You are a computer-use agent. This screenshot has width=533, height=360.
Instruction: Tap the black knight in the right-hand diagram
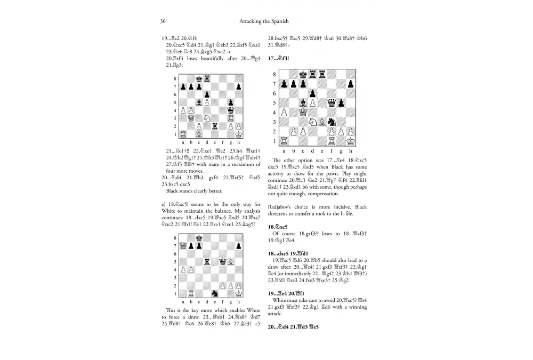click(331, 122)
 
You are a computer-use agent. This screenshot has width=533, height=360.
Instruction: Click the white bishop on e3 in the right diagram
click(321, 122)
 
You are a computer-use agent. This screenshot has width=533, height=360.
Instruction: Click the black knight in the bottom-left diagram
click(215, 293)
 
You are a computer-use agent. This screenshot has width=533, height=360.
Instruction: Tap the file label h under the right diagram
click(350, 151)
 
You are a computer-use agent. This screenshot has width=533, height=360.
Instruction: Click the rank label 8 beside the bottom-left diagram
click(176, 238)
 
